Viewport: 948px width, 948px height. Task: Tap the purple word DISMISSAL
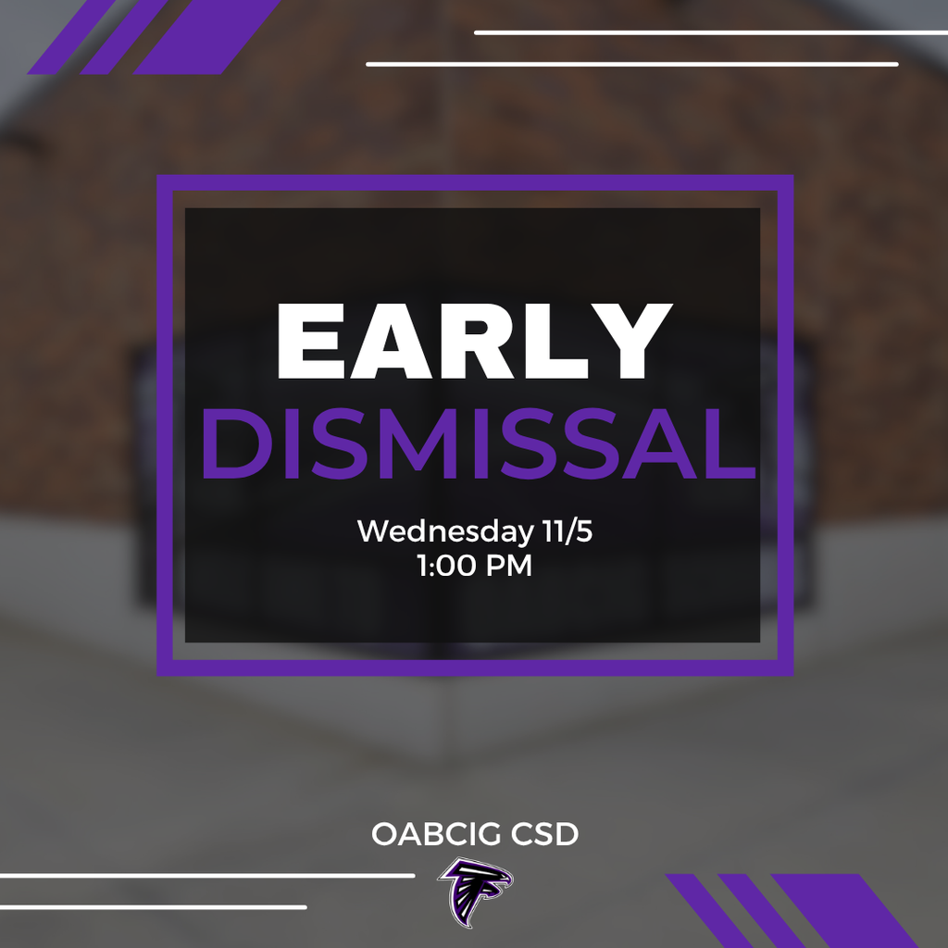478,446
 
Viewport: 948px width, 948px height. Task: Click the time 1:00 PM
474,565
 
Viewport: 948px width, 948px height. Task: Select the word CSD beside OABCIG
543,834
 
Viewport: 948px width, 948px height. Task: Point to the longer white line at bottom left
207,875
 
